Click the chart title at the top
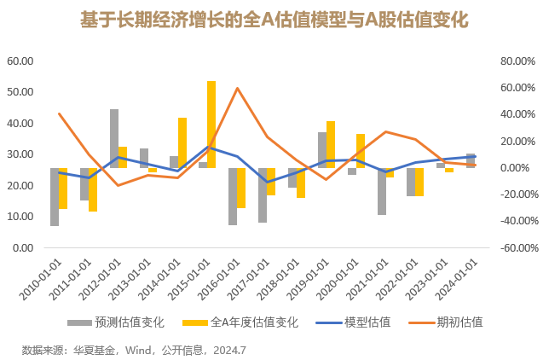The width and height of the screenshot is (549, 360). click(x=274, y=18)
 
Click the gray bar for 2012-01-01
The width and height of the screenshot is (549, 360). click(x=114, y=138)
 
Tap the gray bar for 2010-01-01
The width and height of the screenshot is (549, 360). click(x=55, y=197)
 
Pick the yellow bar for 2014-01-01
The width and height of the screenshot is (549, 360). click(x=182, y=142)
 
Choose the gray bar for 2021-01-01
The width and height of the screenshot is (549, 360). click(x=382, y=191)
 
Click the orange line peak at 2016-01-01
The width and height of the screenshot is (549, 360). click(x=237, y=88)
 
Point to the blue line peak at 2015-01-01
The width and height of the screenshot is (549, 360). click(x=207, y=147)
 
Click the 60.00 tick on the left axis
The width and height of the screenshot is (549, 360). click(x=20, y=61)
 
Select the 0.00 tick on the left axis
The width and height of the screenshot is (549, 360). click(x=22, y=248)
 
